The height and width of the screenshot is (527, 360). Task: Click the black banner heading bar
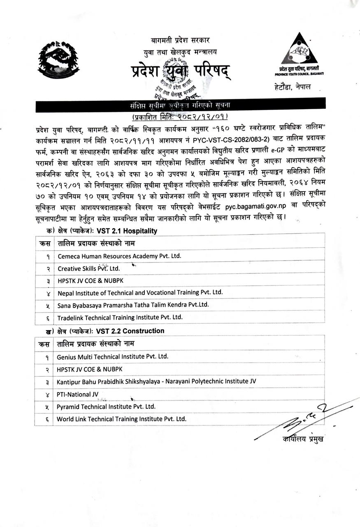pos(180,105)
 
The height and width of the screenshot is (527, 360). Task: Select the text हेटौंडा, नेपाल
pos(293,87)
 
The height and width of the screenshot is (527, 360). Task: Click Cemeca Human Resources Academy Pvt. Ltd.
pos(119,256)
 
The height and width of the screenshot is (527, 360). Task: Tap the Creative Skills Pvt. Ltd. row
pos(88,268)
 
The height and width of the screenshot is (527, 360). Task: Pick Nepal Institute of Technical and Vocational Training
pos(140,293)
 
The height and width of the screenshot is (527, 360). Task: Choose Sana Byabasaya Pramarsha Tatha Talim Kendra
pos(133,305)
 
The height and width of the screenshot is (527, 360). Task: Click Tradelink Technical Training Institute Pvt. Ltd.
pos(120,317)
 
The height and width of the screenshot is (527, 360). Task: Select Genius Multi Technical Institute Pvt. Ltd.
pos(113,357)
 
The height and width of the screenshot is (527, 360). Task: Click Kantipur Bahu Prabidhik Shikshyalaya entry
pos(156,381)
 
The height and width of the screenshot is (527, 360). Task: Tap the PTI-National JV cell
pos(74,394)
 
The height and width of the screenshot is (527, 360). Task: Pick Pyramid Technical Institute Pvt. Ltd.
pos(106,406)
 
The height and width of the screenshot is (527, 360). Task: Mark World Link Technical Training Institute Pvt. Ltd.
pos(122,419)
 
